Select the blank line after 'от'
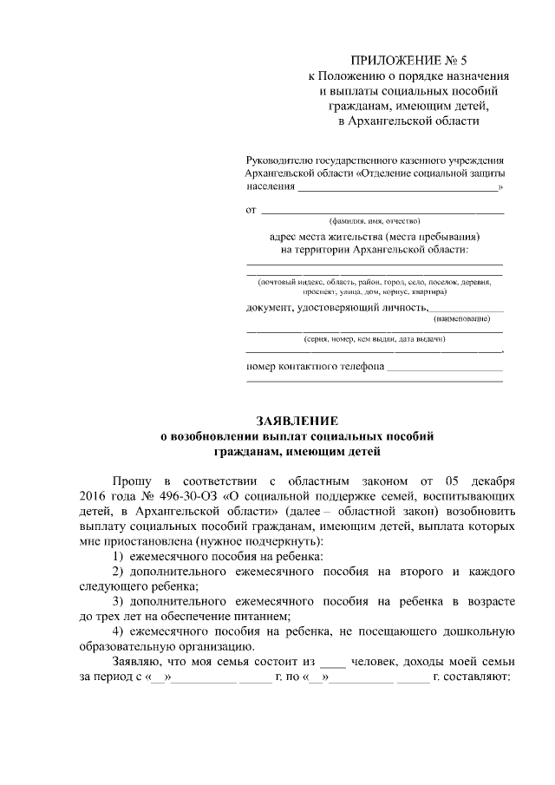(x=382, y=211)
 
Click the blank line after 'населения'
(x=398, y=187)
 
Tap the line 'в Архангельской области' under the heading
(x=408, y=121)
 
